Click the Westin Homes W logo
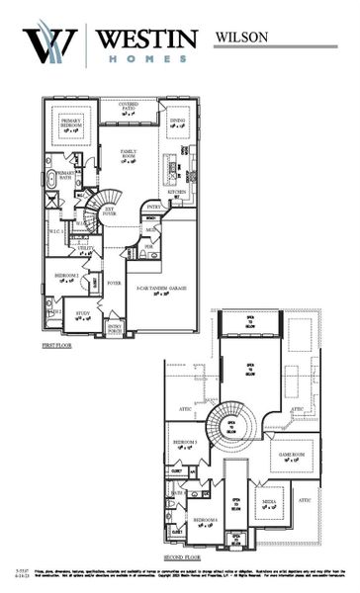49,44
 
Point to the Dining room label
177,122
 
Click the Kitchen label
176,193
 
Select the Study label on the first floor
83,314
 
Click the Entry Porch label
115,328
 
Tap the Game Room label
292,456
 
